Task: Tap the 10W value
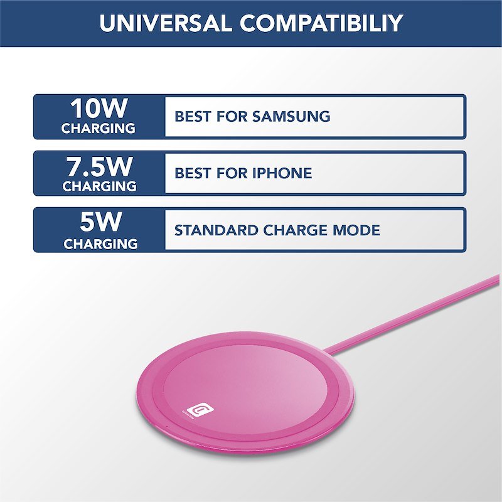[99, 109]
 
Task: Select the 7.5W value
[99, 166]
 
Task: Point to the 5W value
[99, 223]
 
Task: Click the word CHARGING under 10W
[99, 128]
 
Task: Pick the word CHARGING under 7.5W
[99, 186]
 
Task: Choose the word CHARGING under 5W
[100, 243]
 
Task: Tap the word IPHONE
[282, 173]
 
